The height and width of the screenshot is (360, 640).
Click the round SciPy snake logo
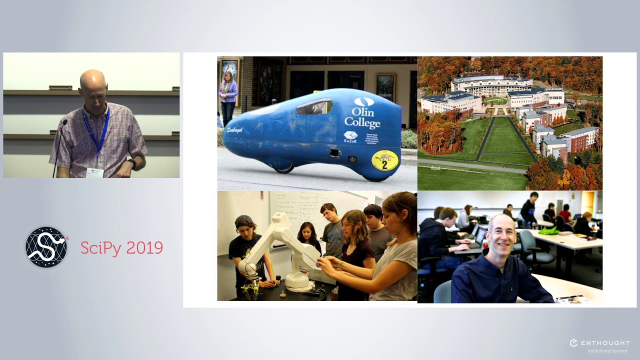(x=46, y=247)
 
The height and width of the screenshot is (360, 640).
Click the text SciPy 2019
(x=121, y=248)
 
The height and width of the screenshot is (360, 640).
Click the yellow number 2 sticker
(x=384, y=160)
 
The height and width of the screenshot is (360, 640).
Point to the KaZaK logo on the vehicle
(x=350, y=136)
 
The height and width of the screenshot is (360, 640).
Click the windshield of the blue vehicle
(x=315, y=106)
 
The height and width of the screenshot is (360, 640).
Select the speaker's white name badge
(x=94, y=172)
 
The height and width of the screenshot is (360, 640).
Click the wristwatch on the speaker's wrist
(x=132, y=163)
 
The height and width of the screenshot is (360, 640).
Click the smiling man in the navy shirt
(x=500, y=265)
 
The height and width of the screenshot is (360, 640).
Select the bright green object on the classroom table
(x=548, y=230)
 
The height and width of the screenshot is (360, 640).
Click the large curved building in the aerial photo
(x=492, y=85)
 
